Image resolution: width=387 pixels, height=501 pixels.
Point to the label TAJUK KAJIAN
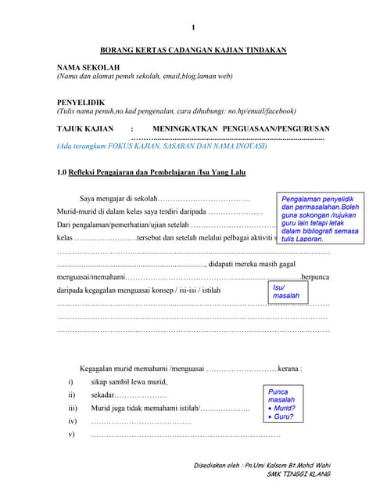tap(85, 128)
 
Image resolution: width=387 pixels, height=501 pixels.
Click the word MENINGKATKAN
tap(185, 128)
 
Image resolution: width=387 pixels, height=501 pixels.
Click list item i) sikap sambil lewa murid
tap(128, 382)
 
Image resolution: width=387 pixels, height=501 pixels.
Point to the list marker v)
tap(72, 434)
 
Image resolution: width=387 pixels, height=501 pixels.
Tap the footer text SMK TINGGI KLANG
tap(297, 474)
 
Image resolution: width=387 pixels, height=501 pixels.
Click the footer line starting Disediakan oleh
tap(261, 466)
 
